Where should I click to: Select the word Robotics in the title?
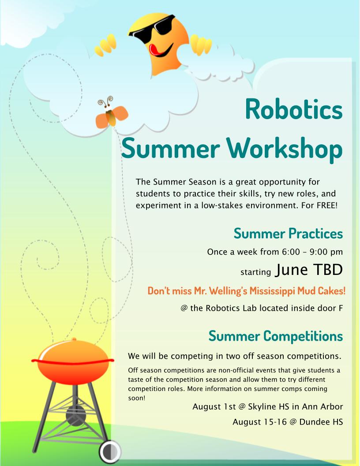pos(294,109)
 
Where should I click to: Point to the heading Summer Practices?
pos(288,233)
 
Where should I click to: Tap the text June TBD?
pos(308,270)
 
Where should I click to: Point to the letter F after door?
pos(340,308)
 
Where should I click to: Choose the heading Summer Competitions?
pos(276,336)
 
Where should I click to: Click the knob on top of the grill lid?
pos(73,339)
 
